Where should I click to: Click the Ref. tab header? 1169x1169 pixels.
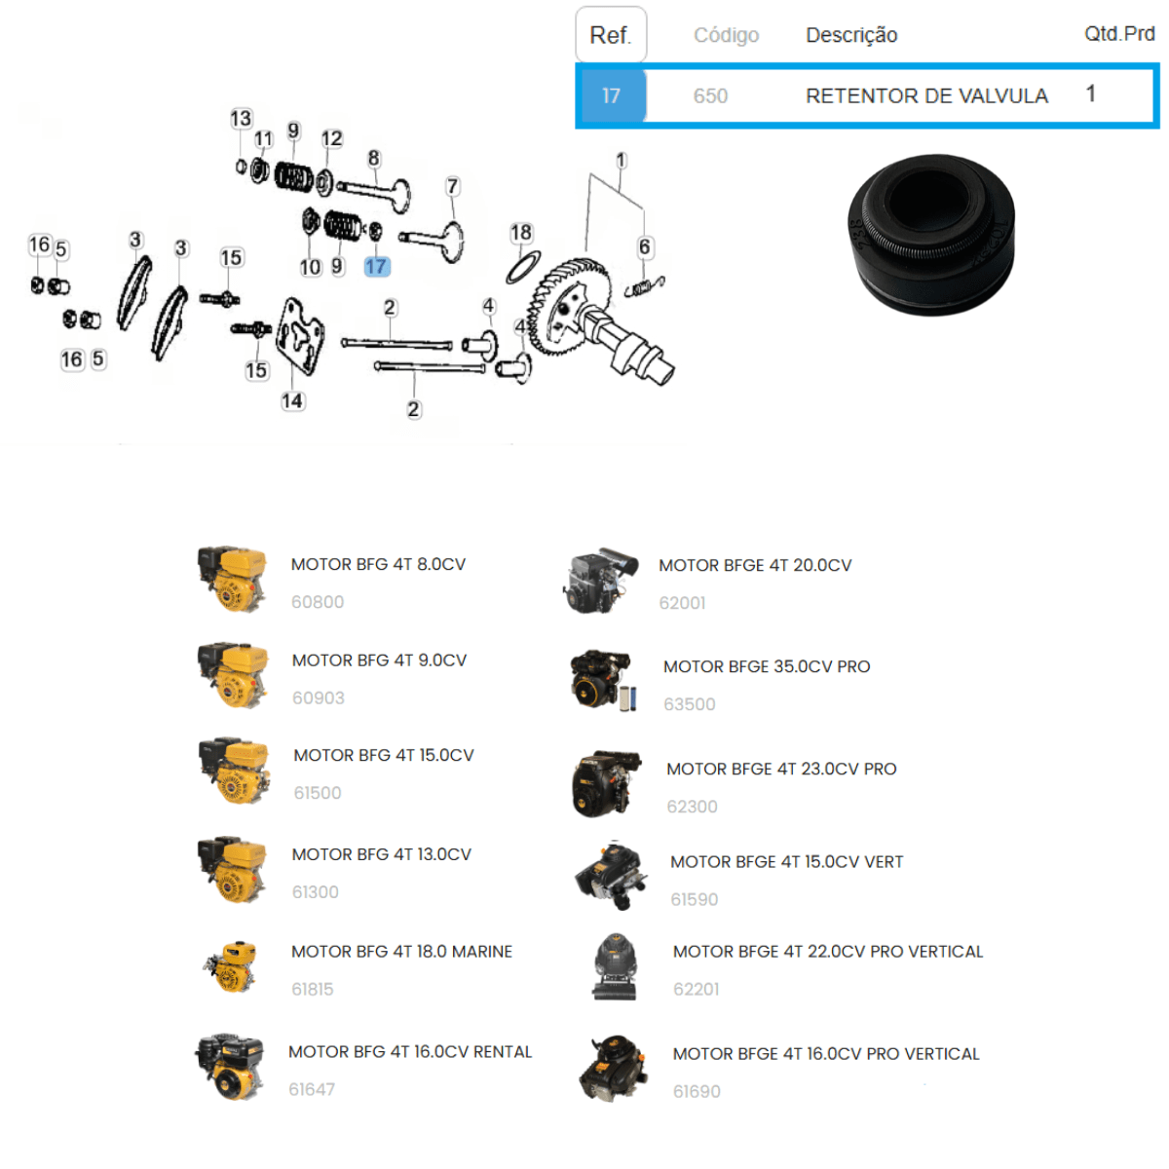coord(610,34)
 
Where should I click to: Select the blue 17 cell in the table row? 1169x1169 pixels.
coord(612,95)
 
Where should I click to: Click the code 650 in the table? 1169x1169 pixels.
coord(710,95)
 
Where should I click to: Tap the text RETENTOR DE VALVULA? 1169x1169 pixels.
coord(926,95)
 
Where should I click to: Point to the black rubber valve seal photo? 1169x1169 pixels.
coord(930,234)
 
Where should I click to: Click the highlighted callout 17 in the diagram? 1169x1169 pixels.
coord(376,266)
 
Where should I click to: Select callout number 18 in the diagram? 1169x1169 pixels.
coord(520,233)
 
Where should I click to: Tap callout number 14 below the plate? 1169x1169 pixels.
coord(292,401)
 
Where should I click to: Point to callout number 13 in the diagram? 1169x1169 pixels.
coord(241,118)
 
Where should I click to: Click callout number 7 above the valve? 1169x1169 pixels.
coord(453,186)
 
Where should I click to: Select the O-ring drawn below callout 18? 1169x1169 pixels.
coord(523,267)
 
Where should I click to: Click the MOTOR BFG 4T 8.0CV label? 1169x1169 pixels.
coord(378,564)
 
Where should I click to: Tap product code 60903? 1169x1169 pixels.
coord(318,698)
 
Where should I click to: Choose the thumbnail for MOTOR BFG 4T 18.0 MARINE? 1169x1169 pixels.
coord(231,967)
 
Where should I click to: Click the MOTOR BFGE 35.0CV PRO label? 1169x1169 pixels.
coord(767,666)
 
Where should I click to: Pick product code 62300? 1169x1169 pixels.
coord(692,807)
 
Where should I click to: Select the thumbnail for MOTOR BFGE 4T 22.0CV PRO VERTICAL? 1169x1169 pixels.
coord(614,967)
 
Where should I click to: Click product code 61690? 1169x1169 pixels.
coord(697,1091)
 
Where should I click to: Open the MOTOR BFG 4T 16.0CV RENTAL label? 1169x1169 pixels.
coord(410,1051)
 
